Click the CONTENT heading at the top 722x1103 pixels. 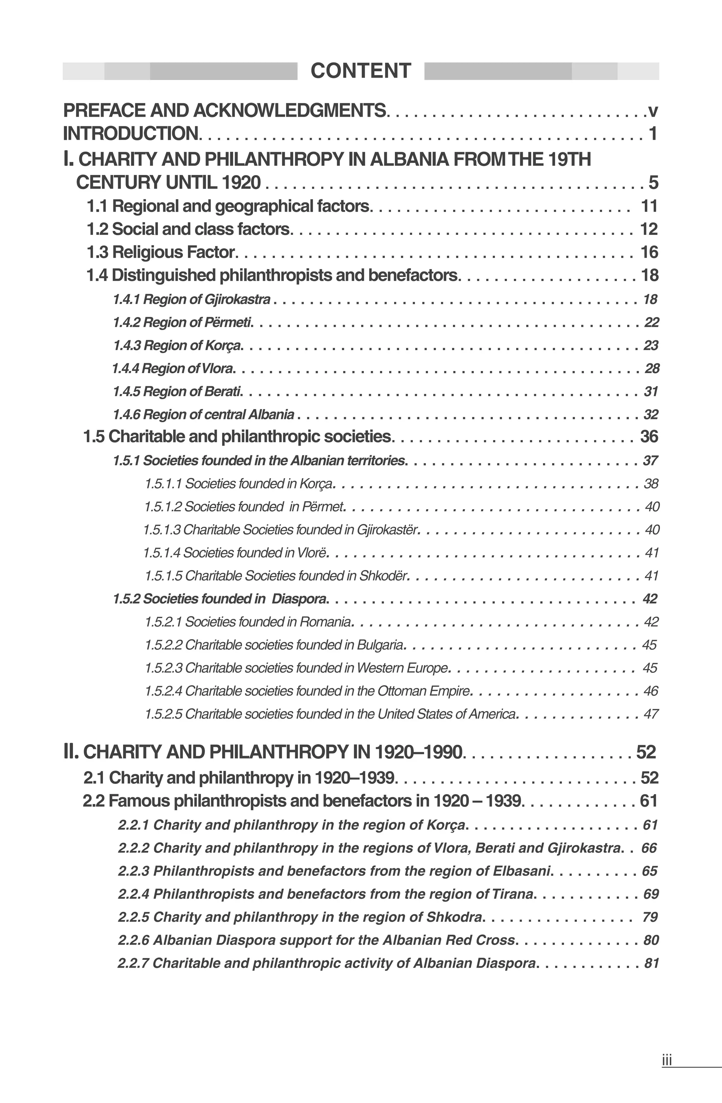click(x=361, y=71)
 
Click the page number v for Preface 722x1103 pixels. click(x=653, y=111)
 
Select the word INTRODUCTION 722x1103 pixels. click(x=131, y=134)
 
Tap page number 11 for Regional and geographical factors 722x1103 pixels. click(x=649, y=206)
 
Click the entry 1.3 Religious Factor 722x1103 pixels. click(x=161, y=252)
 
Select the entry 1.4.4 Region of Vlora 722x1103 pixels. click(x=173, y=368)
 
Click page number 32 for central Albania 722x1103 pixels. click(x=651, y=414)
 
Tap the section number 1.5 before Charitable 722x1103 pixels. click(x=94, y=437)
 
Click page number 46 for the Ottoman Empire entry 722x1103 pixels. click(x=651, y=691)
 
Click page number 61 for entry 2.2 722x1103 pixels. click(x=649, y=801)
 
